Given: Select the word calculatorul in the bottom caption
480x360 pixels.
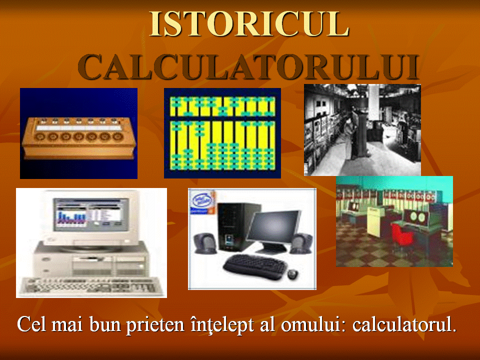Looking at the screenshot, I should pyautogui.click(x=404, y=324).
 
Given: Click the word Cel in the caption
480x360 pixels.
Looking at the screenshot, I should pyautogui.click(x=33, y=324).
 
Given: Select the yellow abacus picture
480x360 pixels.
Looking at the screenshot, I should pyautogui.click(x=222, y=133).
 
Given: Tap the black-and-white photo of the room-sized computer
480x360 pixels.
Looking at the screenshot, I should pyautogui.click(x=362, y=130).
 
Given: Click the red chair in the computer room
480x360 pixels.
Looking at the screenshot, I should pyautogui.click(x=402, y=235).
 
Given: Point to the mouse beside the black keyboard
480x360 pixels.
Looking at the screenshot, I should pyautogui.click(x=292, y=273).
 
